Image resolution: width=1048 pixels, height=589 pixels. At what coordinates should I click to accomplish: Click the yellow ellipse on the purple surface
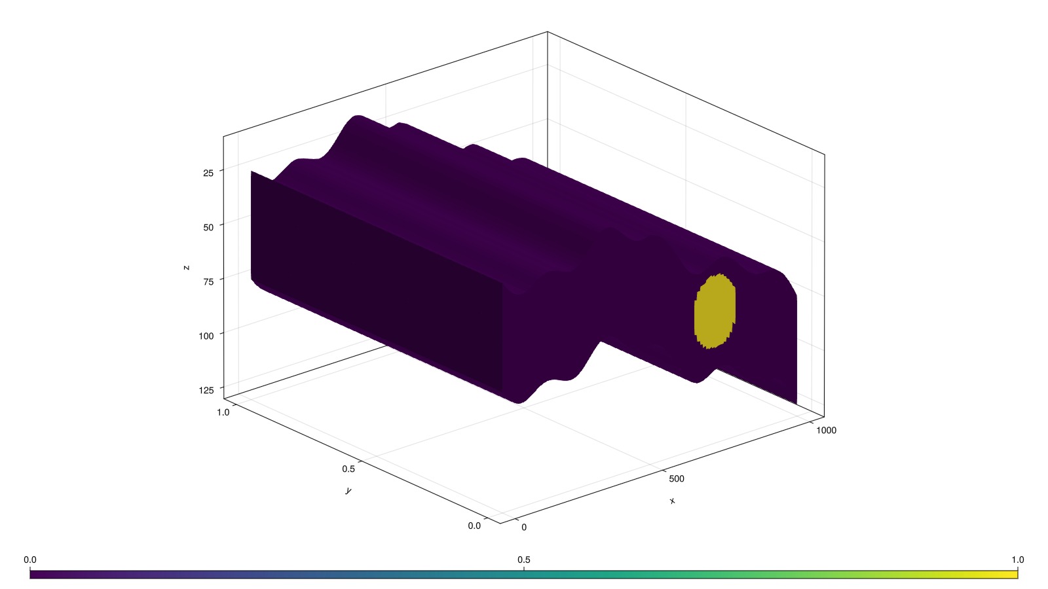click(x=715, y=312)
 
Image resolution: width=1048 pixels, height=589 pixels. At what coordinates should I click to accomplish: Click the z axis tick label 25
click(x=208, y=173)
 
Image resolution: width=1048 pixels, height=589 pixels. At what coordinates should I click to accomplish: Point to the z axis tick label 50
click(x=208, y=227)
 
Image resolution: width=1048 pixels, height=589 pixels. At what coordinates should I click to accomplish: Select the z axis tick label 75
click(x=208, y=281)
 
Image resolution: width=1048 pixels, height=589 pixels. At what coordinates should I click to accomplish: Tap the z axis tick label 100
click(x=206, y=336)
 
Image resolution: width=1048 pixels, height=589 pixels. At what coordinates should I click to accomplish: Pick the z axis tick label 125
click(x=206, y=390)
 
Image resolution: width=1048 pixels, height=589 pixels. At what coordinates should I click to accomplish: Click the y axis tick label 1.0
click(x=223, y=412)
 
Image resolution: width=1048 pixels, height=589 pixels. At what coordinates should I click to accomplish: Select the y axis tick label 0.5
click(x=348, y=469)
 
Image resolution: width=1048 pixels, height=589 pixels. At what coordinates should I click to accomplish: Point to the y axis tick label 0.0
click(x=474, y=526)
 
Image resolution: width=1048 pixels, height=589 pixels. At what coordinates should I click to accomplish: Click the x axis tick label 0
click(x=524, y=527)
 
